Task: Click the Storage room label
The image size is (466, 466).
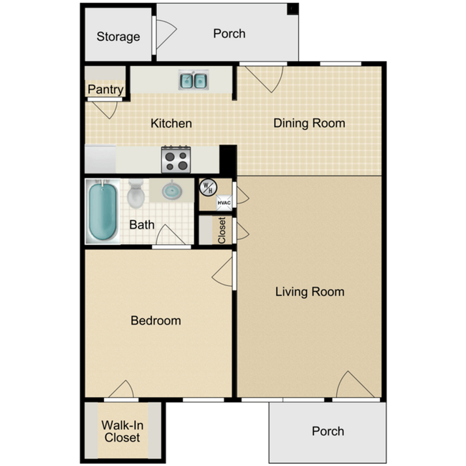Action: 118,37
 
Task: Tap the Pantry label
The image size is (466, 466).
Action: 105,90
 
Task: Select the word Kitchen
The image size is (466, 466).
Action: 171,123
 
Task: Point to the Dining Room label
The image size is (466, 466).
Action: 309,123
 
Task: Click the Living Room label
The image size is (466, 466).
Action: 310,292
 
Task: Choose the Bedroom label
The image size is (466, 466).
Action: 156,320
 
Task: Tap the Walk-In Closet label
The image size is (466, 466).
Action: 122,432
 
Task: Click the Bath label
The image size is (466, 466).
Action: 141,224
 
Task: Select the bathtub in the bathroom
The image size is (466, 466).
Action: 102,211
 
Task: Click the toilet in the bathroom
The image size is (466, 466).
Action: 135,194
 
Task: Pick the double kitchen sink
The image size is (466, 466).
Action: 193,80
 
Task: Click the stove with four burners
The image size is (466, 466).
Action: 176,158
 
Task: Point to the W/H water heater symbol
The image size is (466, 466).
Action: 207,187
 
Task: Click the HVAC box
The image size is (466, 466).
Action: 224,203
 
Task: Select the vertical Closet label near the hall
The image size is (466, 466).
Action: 222,230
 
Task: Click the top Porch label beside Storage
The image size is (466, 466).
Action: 229,34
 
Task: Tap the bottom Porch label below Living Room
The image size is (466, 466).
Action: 328,431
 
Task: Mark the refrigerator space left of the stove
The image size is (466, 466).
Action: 100,158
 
